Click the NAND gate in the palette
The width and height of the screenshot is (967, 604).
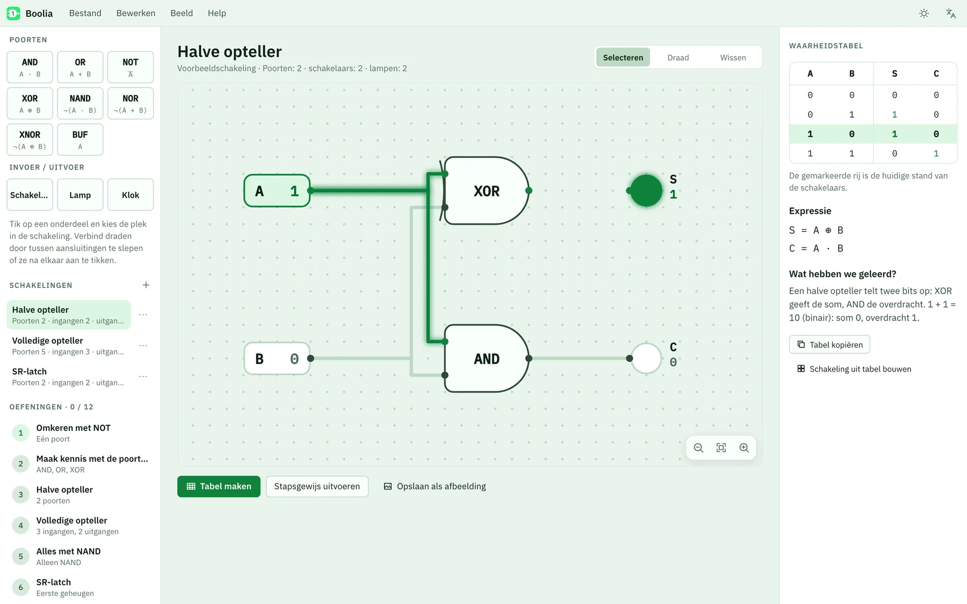(80, 103)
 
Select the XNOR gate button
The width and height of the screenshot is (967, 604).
(30, 140)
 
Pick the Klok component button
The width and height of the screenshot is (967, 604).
(131, 195)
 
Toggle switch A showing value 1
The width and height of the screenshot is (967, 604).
(277, 191)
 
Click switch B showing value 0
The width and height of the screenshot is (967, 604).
(277, 358)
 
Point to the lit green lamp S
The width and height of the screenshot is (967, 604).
(646, 191)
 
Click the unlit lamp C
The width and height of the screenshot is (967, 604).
(646, 358)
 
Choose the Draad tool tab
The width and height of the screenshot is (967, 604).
(678, 57)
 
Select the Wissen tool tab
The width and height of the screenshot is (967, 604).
(733, 57)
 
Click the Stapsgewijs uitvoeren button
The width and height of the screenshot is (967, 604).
(317, 486)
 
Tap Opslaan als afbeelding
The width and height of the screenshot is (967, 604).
(435, 486)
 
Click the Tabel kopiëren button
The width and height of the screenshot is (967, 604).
(829, 345)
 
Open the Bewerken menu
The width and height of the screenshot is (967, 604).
(136, 13)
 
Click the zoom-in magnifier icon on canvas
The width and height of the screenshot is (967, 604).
(744, 448)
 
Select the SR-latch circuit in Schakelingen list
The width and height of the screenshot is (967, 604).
(68, 376)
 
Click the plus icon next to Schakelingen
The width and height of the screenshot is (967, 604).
(146, 285)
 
